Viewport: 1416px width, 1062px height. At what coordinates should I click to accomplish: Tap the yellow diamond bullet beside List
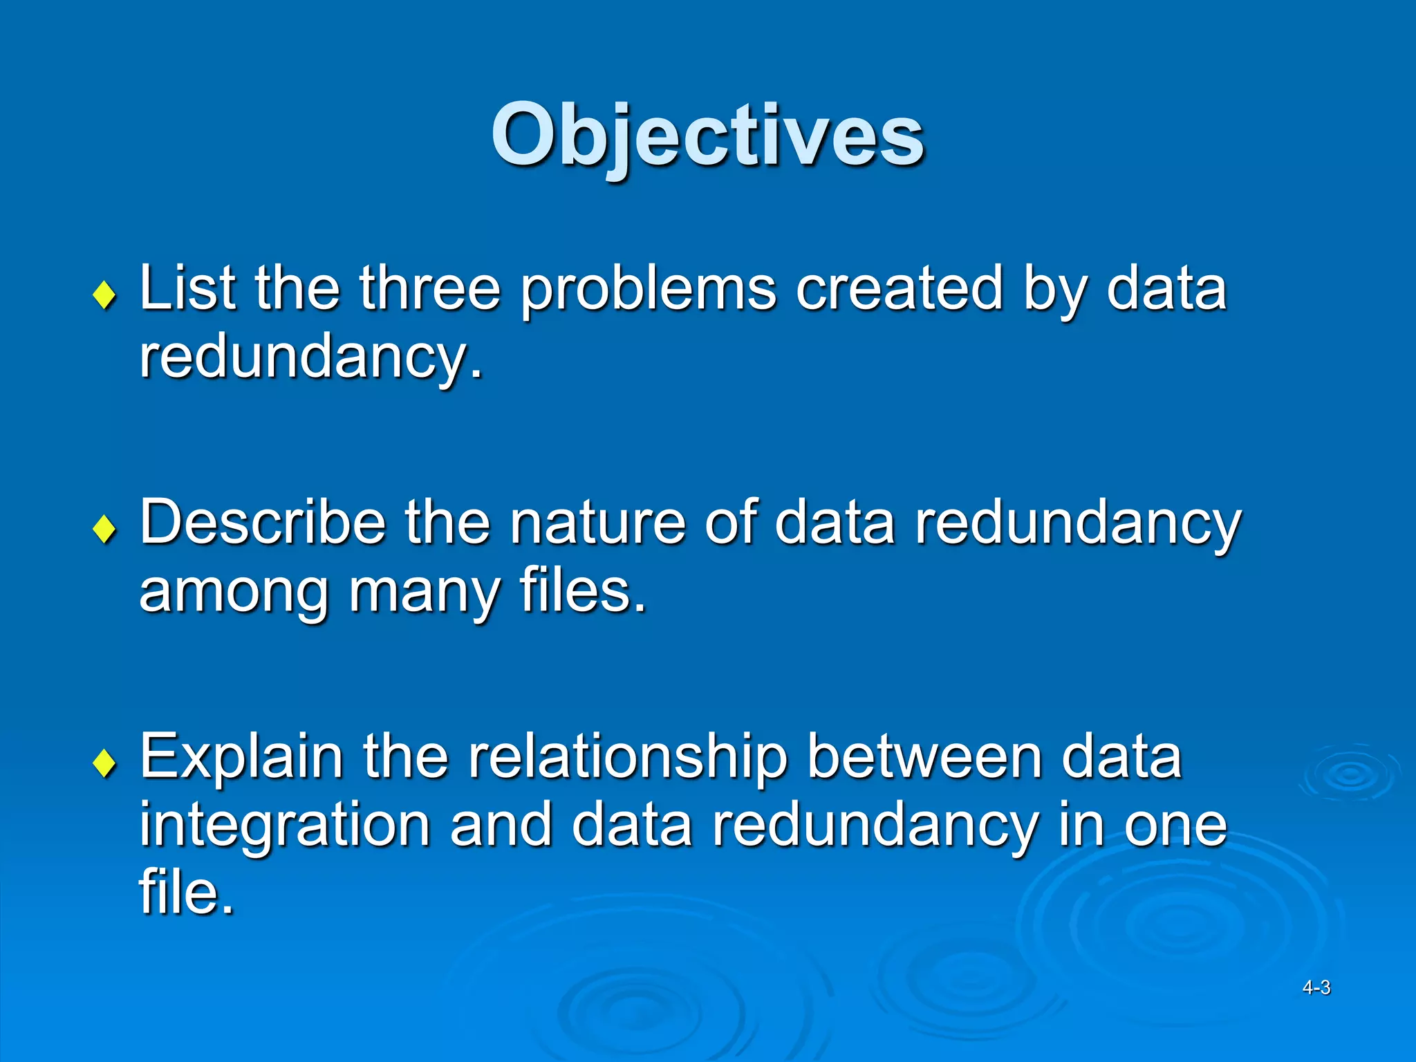(x=104, y=295)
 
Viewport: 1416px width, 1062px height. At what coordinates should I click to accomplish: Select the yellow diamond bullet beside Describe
(x=104, y=530)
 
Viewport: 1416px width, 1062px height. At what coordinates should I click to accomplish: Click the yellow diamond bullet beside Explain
(x=104, y=764)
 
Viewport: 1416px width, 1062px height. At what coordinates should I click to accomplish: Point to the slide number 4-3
(x=1316, y=987)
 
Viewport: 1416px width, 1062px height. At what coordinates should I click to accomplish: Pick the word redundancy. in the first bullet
(x=310, y=357)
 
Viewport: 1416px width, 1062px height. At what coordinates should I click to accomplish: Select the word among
(x=234, y=593)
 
